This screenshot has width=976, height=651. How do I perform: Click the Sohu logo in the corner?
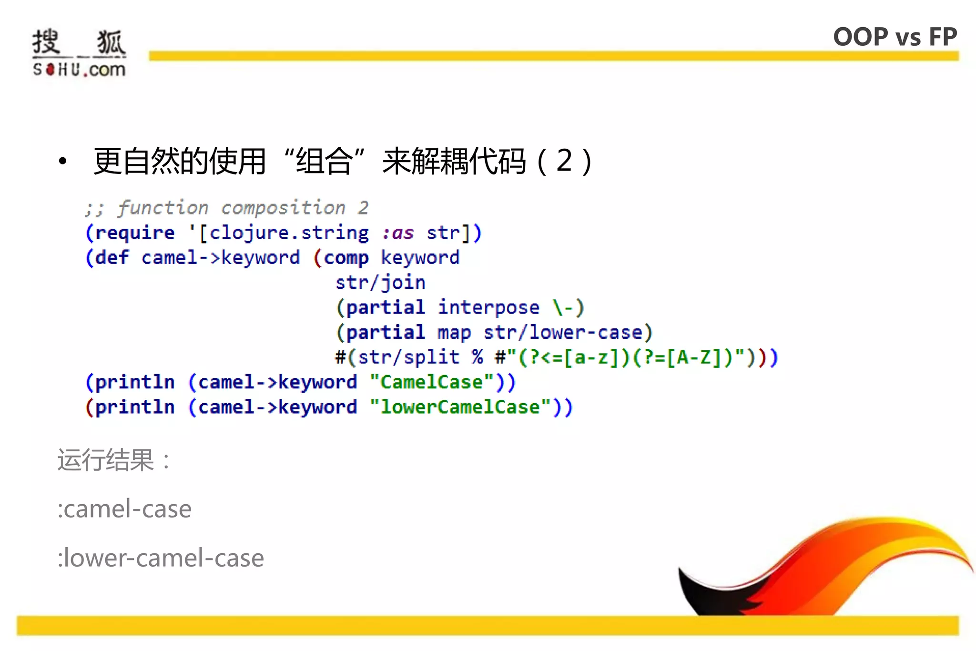tap(79, 52)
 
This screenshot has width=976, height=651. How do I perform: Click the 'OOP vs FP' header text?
tap(895, 37)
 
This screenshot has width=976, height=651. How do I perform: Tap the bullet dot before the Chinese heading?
tap(62, 161)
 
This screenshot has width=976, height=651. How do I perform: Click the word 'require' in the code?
tap(135, 233)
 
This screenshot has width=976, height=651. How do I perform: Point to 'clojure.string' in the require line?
tap(289, 233)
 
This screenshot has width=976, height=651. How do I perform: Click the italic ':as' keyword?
tap(398, 233)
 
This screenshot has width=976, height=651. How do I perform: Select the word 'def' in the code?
tap(112, 258)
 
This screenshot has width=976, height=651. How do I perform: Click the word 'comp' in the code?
tap(346, 258)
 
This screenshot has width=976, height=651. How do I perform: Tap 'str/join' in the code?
tap(380, 283)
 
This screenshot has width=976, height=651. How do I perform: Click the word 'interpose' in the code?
tap(488, 307)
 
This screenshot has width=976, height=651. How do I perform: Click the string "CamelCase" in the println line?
tap(432, 382)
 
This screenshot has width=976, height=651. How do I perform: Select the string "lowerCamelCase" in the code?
tap(460, 407)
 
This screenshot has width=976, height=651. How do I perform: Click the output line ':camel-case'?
tap(125, 509)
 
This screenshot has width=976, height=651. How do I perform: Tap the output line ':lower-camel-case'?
tap(161, 558)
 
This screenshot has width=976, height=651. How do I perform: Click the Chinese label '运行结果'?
tap(106, 460)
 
